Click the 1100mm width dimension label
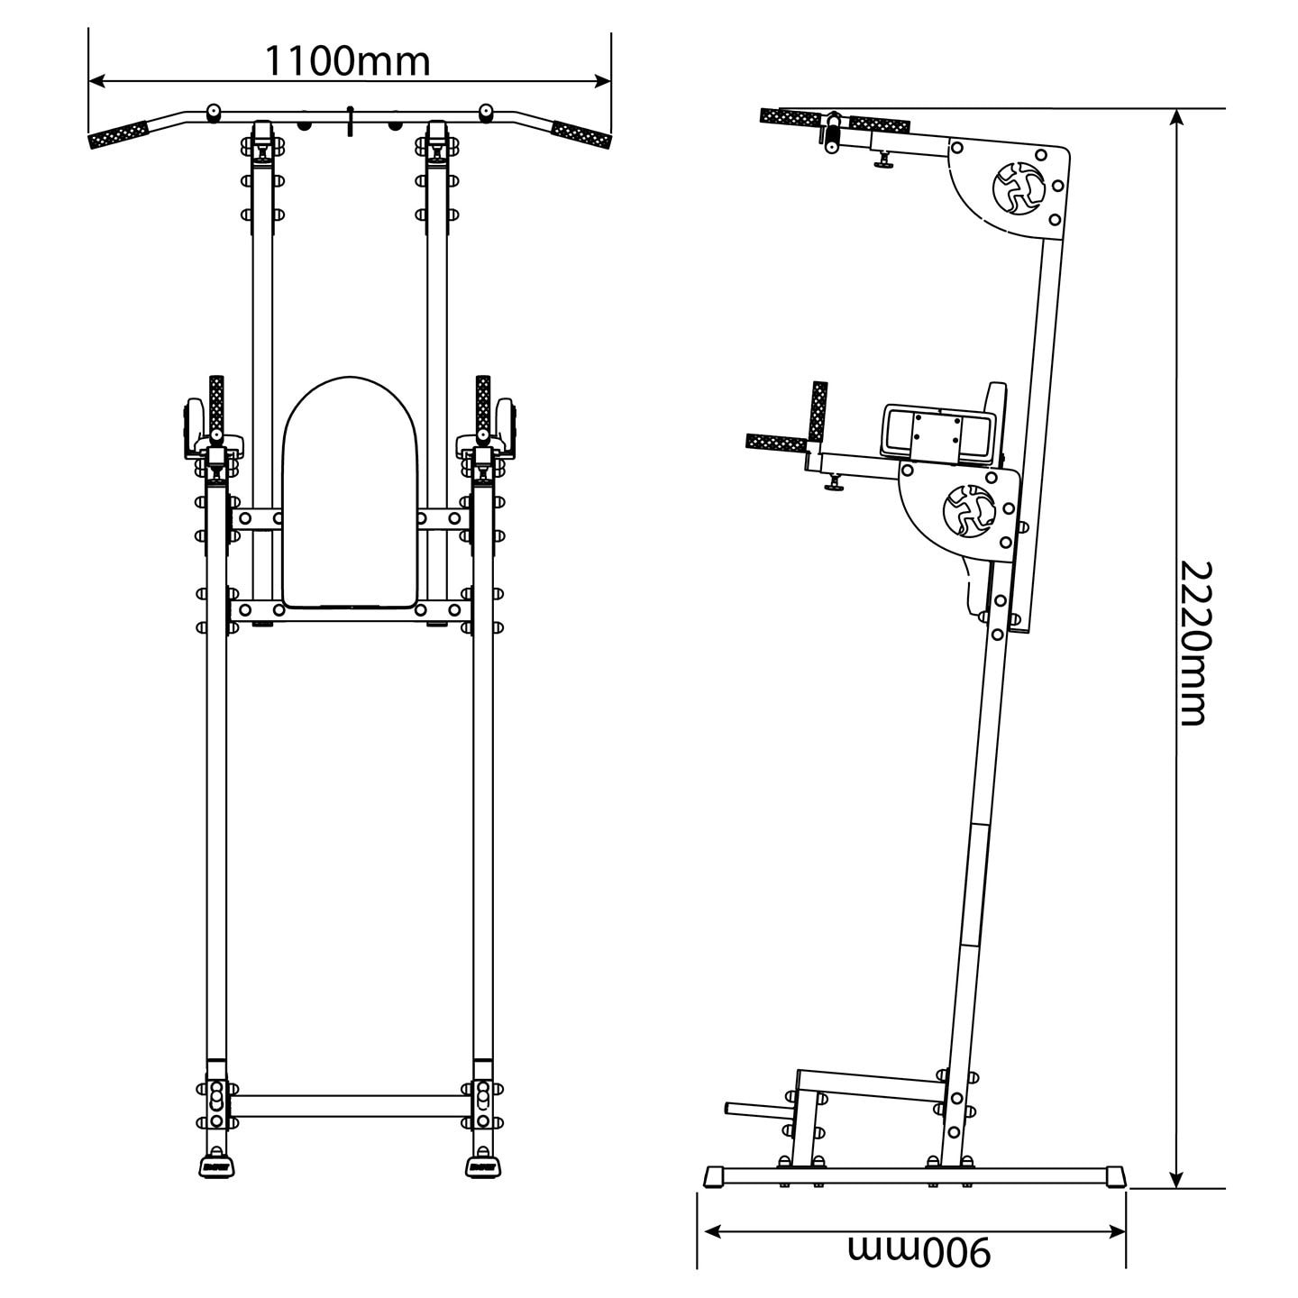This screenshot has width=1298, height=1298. [348, 61]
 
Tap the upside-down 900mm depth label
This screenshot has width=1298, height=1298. [919, 1249]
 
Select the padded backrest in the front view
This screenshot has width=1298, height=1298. [350, 491]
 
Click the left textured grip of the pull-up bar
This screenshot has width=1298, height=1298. [118, 134]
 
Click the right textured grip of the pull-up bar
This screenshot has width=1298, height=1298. [581, 134]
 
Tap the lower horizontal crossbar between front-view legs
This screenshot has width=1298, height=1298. [350, 1106]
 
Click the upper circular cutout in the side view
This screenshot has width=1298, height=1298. [1015, 187]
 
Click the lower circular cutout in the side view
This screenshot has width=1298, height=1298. [966, 510]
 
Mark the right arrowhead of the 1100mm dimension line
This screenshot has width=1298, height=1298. [605, 81]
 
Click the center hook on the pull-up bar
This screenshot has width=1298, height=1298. [351, 122]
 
